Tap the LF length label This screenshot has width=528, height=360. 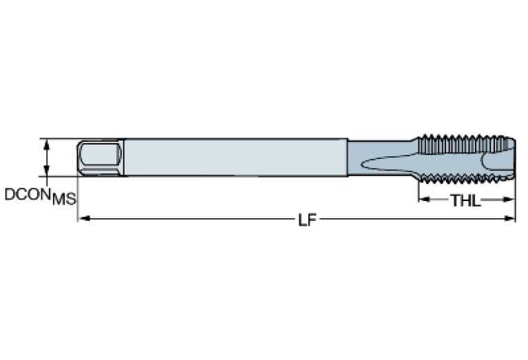click(307, 220)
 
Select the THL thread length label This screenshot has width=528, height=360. click(465, 200)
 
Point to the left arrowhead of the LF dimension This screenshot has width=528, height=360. click(82, 219)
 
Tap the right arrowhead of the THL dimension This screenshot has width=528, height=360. click(510, 200)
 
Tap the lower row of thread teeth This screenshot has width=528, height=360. click(461, 182)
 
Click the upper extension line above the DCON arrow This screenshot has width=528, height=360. click(59, 138)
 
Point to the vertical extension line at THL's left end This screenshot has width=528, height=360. click(418, 193)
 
